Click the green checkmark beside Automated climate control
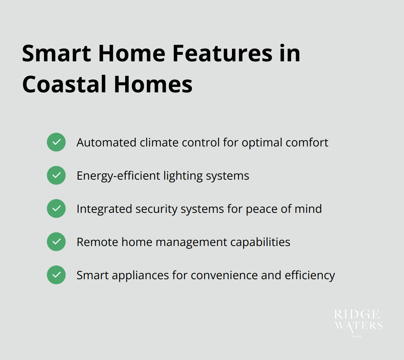[x=56, y=142]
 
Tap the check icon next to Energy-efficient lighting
[x=56, y=175]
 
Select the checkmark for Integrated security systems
[x=56, y=208]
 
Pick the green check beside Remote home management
[x=56, y=242]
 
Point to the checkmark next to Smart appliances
[x=56, y=275]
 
